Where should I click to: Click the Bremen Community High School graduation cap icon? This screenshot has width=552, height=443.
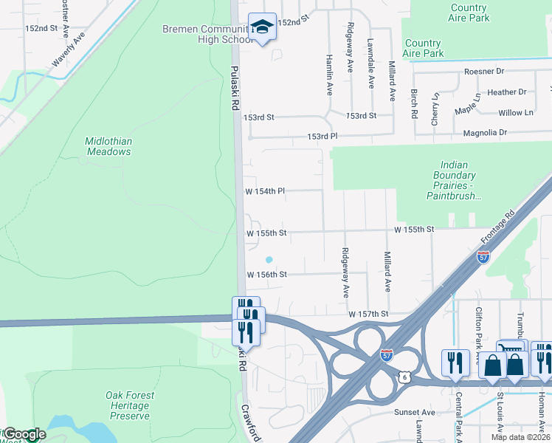[262, 27]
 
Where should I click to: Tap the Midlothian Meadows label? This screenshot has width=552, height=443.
[108, 146]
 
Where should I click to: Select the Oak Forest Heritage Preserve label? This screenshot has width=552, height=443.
[127, 405]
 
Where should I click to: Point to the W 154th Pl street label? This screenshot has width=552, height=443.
[265, 191]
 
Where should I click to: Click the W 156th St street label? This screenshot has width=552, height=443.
[266, 274]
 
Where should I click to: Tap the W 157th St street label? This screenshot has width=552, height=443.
[368, 315]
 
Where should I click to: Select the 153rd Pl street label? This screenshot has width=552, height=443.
[322, 137]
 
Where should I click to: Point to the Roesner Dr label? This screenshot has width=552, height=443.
[484, 72]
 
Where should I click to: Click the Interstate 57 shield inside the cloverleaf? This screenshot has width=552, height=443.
[387, 354]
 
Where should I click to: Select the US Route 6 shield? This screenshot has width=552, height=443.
[404, 377]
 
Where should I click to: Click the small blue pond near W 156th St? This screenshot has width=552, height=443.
[269, 259]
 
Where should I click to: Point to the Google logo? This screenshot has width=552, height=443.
[24, 434]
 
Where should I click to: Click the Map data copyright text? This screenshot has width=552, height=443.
[520, 437]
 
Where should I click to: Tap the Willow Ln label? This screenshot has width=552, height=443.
[515, 113]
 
